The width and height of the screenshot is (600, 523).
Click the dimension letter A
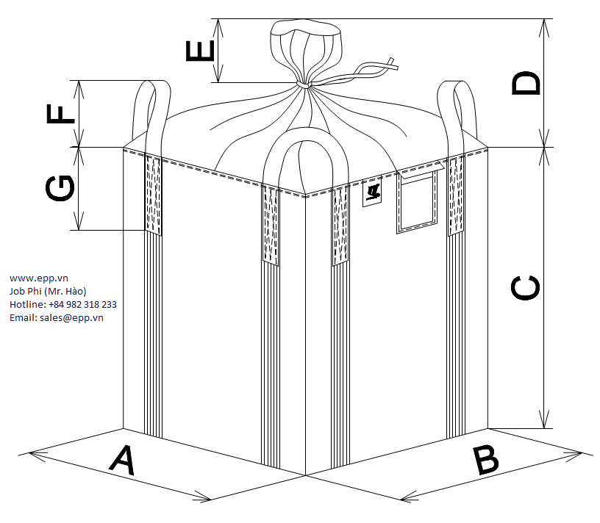click(123, 461)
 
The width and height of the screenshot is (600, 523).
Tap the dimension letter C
click(526, 288)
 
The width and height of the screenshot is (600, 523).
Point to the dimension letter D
click(526, 82)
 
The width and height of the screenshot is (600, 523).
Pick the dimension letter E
click(200, 51)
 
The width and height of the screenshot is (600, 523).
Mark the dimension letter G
click(60, 188)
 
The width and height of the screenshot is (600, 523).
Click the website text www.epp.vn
click(39, 278)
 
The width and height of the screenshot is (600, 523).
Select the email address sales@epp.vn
click(57, 317)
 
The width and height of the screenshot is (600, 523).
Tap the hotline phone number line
click(63, 304)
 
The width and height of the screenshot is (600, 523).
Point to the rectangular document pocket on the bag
click(418, 202)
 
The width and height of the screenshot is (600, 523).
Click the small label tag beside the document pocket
click(373, 194)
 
